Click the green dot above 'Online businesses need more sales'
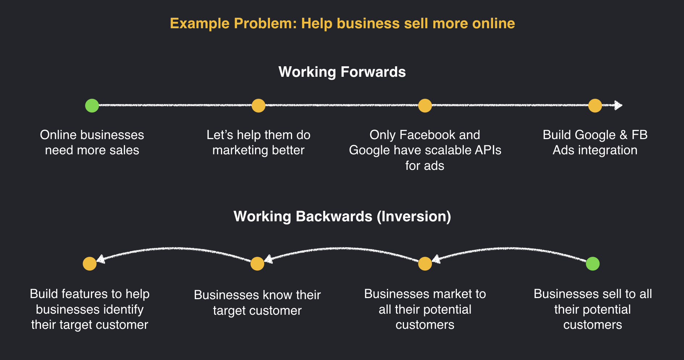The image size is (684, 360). [92, 106]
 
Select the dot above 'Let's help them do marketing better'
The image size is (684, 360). [258, 106]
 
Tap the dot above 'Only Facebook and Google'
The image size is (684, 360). [425, 106]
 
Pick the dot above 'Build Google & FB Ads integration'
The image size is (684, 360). [595, 106]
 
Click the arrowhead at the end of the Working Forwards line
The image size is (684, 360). [619, 106]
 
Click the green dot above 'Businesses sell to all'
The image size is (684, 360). [593, 264]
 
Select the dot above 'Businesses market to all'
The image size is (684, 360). [425, 264]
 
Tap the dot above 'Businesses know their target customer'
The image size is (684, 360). [257, 264]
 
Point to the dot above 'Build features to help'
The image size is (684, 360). [89, 264]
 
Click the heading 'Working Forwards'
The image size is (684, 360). [342, 72]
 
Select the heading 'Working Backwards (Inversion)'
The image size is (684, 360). [342, 217]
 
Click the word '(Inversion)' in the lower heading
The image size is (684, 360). [414, 217]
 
